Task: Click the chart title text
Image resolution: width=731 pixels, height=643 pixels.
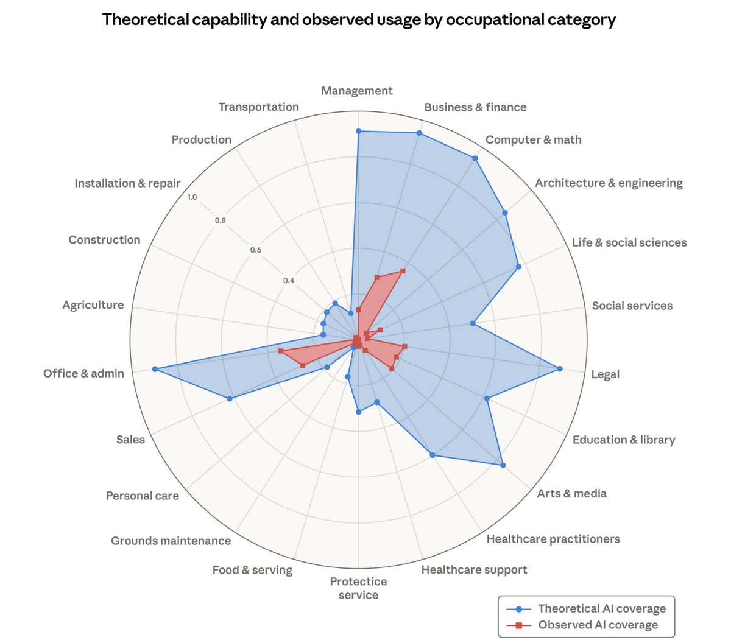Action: click(x=359, y=19)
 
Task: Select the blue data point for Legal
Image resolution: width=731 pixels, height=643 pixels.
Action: click(x=560, y=368)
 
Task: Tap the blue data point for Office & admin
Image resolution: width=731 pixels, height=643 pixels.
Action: click(x=155, y=369)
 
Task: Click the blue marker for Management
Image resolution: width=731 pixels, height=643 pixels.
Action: click(x=358, y=131)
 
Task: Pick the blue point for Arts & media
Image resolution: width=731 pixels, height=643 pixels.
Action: click(x=503, y=465)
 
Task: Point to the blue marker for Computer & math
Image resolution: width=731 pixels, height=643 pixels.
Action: click(x=475, y=158)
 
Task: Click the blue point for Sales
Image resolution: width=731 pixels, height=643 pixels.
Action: click(x=230, y=399)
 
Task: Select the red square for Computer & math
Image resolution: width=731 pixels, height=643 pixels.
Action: click(x=403, y=270)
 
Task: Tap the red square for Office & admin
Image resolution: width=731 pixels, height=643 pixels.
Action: click(x=280, y=351)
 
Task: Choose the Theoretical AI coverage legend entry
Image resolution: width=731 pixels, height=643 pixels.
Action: click(x=601, y=608)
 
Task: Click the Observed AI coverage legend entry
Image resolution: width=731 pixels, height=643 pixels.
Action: click(x=598, y=625)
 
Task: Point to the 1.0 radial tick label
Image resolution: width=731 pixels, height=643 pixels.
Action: click(x=192, y=197)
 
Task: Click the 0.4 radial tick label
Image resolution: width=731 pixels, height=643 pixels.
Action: click(x=288, y=281)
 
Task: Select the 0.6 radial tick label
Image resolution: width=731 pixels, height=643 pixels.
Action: click(x=255, y=250)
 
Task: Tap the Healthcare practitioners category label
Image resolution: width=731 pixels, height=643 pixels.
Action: click(x=553, y=539)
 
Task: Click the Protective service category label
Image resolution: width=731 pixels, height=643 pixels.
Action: click(x=358, y=588)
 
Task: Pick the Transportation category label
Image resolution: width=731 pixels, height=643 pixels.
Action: click(x=259, y=107)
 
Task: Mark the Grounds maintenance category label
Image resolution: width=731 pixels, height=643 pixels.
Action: click(x=171, y=541)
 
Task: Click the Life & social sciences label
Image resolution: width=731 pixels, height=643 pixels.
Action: click(x=629, y=242)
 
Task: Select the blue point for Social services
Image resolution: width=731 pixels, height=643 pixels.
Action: click(x=473, y=323)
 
